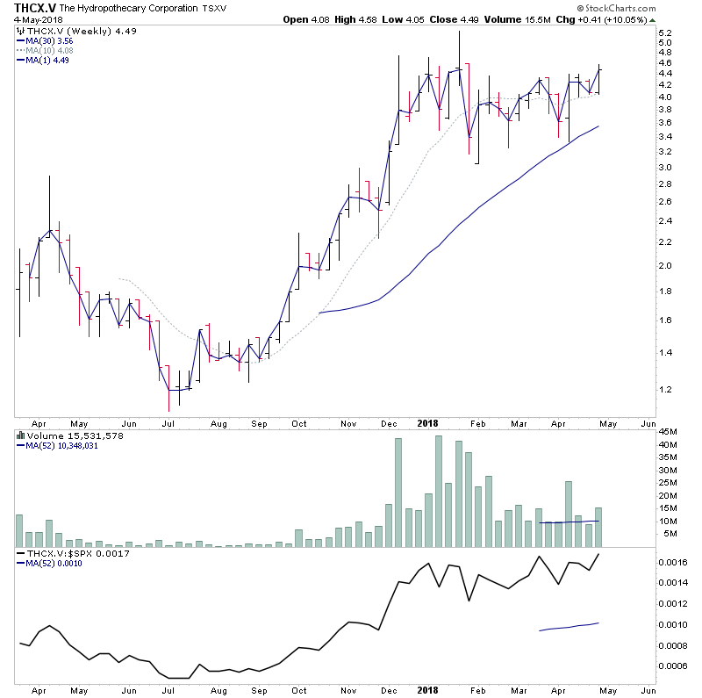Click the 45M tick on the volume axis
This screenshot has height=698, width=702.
[x=668, y=431]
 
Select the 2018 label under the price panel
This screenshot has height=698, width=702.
[x=427, y=422]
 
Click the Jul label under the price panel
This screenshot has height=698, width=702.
[x=168, y=422]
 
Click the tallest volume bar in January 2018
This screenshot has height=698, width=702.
[x=439, y=492]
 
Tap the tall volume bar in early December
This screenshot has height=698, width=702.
[x=398, y=493]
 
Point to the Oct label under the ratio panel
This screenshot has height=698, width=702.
[x=298, y=689]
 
